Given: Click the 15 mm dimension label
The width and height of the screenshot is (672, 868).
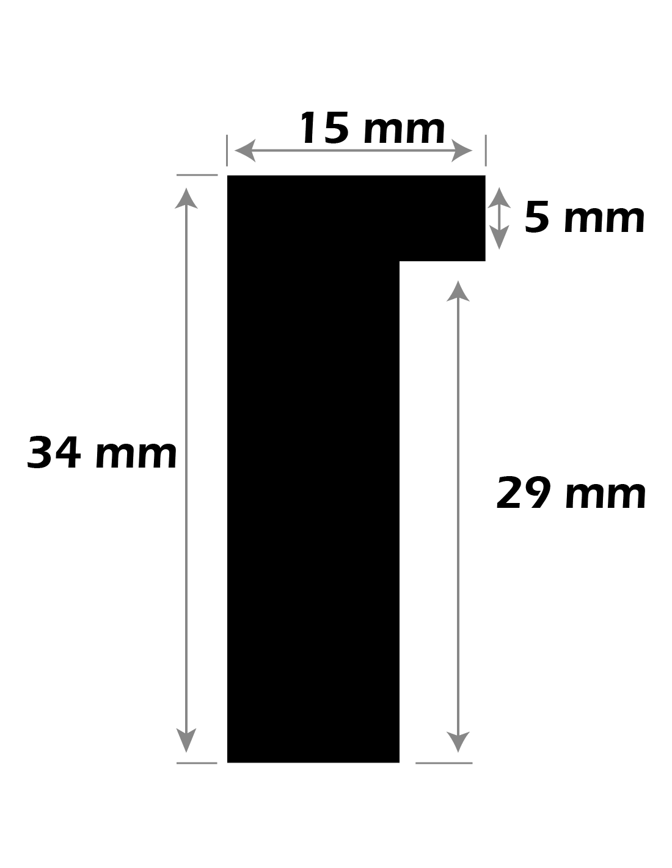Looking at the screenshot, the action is (371, 128).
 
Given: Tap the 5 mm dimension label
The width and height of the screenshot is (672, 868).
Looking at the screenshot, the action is (583, 217).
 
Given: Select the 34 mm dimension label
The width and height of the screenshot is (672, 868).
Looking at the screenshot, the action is (101, 453).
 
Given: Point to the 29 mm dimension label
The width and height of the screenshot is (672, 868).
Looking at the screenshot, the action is (571, 493).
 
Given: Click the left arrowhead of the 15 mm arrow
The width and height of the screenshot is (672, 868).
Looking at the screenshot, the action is (245, 151).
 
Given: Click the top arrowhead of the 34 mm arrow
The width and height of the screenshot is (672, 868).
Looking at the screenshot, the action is (186, 198).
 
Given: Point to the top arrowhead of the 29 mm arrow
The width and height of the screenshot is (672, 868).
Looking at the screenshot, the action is (458, 291).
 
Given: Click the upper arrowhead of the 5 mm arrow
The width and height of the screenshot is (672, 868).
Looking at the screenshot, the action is (499, 198).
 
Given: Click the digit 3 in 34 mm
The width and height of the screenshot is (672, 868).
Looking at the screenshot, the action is (40, 453).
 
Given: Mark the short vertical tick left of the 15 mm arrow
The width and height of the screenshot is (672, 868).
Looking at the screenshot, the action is (227, 150).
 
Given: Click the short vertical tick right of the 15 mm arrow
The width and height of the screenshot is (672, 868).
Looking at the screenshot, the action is (486, 150).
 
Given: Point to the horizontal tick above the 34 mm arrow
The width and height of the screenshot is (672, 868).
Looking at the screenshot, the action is (197, 175).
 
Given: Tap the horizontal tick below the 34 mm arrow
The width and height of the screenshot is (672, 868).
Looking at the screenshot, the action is (197, 764).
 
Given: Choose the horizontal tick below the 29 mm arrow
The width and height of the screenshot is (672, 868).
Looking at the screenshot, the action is (444, 764).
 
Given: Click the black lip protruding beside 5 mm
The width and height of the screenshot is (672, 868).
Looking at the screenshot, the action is (442, 218).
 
